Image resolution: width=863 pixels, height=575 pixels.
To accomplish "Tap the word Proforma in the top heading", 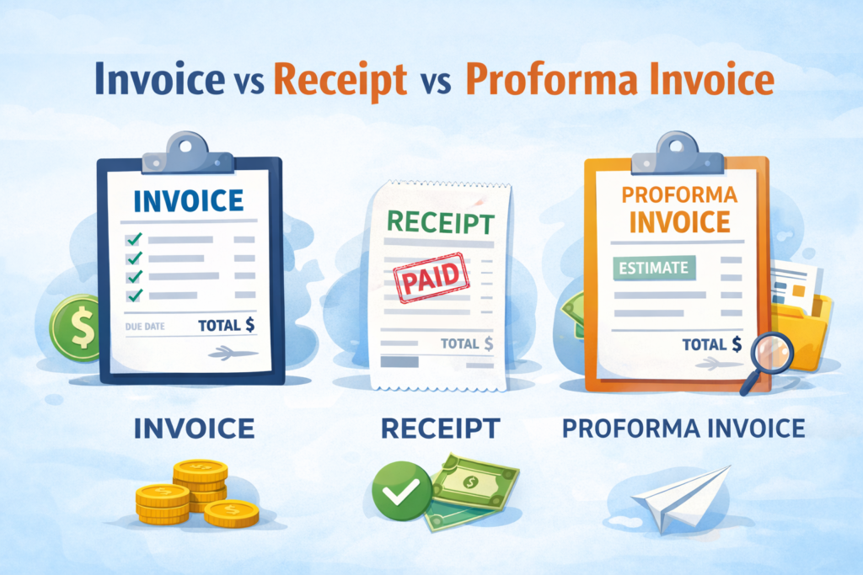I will pos(544,80).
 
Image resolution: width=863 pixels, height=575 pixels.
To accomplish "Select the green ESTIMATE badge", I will pos(655,269).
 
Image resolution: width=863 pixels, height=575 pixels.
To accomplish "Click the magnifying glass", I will pos(770,355).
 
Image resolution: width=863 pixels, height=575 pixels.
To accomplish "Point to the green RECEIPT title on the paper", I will pos(436,222).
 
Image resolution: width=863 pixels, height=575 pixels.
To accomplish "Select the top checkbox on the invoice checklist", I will pos(133,240).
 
